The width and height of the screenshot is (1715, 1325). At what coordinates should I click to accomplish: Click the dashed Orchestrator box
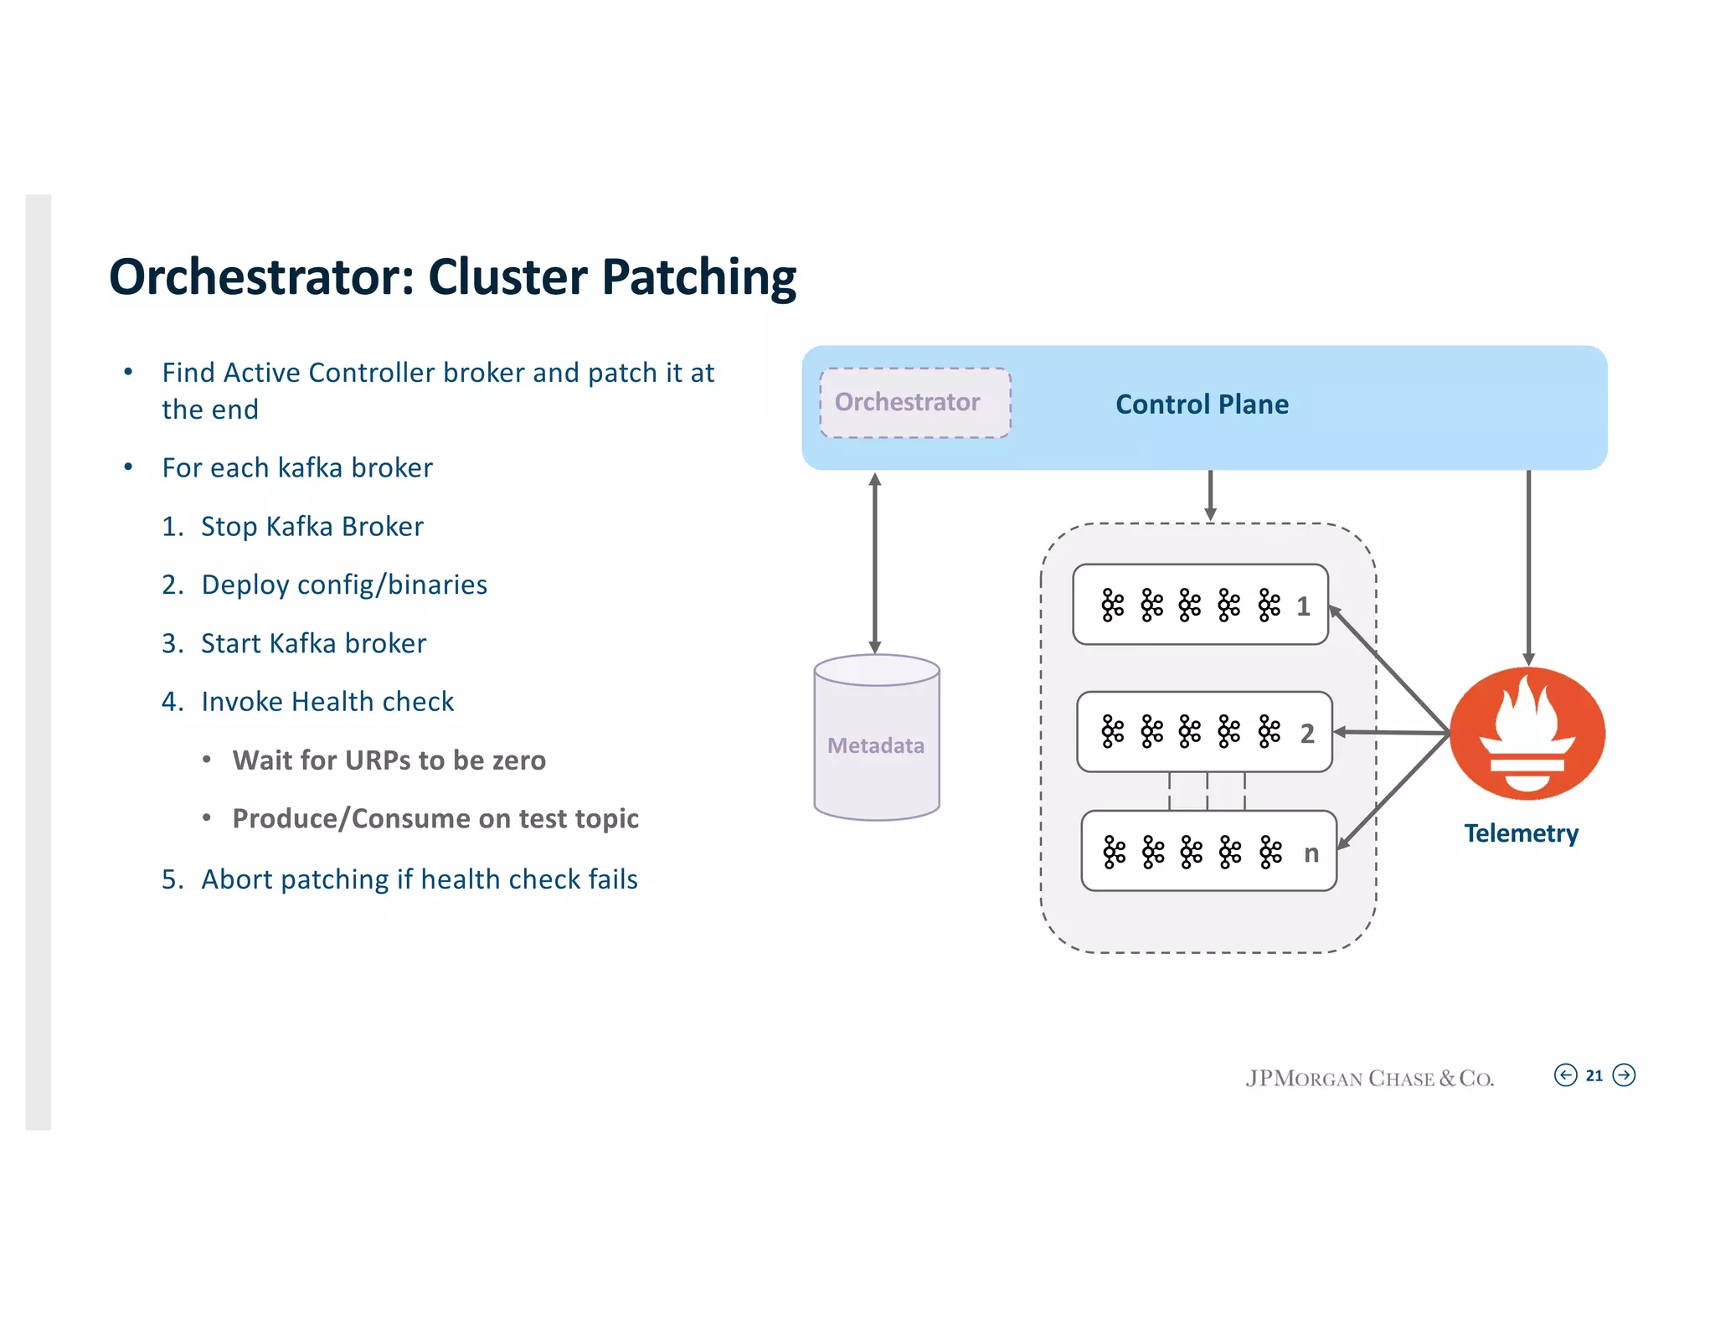[914, 403]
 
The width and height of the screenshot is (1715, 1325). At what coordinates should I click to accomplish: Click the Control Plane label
[1201, 405]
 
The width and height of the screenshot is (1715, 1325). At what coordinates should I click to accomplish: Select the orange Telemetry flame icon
[1527, 733]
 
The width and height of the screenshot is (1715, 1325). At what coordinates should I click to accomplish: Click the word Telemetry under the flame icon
[1521, 833]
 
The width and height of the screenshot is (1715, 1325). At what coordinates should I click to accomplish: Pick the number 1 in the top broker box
[1303, 606]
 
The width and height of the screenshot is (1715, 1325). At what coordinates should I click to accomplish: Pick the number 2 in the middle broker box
[1307, 734]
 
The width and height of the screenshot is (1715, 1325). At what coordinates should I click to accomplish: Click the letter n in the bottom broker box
[1311, 853]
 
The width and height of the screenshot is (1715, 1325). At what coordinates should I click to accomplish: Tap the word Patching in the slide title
[699, 277]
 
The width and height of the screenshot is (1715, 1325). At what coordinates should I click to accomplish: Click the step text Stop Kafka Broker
[312, 527]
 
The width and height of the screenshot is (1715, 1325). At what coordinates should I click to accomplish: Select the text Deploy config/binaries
[344, 585]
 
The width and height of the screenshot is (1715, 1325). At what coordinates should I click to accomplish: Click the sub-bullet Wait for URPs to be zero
[389, 760]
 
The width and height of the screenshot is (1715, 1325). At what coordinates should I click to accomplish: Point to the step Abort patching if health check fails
[419, 879]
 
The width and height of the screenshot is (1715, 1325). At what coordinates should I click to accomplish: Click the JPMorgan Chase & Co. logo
[1369, 1078]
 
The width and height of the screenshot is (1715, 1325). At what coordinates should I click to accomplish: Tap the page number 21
[1594, 1075]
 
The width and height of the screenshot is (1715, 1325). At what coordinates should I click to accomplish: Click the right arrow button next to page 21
[1624, 1075]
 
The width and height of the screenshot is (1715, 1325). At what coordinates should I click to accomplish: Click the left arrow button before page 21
[1565, 1075]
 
